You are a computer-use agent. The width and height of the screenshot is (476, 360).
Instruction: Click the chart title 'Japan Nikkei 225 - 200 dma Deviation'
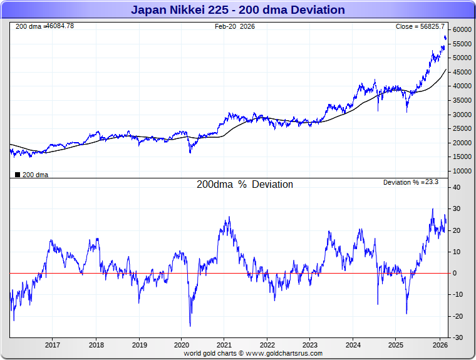238,10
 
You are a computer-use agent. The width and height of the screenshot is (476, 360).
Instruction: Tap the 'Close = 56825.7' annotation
420,27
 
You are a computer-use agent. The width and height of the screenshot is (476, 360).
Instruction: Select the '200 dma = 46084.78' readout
44,26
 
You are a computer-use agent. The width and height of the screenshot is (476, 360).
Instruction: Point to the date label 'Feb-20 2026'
235,27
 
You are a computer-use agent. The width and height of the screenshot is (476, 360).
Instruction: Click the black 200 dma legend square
17,175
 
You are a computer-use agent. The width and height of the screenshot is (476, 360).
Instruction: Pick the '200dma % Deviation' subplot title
245,185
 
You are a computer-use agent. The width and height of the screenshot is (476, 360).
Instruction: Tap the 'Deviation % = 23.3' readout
411,182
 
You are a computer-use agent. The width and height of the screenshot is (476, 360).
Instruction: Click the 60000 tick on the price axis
462,30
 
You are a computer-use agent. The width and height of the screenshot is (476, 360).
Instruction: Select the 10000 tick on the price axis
462,171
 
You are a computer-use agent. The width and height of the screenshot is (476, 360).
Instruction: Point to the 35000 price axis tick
462,101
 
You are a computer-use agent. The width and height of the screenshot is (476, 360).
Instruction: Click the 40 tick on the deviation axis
457,187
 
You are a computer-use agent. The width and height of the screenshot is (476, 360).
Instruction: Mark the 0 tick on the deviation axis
455,274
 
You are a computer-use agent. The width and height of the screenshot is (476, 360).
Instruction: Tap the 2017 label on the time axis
53,345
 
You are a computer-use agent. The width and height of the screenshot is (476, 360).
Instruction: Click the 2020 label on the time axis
182,345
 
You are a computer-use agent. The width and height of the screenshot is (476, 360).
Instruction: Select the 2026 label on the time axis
440,345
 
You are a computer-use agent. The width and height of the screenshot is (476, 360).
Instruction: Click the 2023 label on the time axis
311,345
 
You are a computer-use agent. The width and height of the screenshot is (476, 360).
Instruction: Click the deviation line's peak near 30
432,209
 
